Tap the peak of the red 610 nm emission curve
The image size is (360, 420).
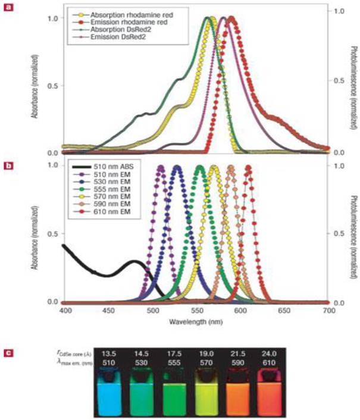248,168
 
